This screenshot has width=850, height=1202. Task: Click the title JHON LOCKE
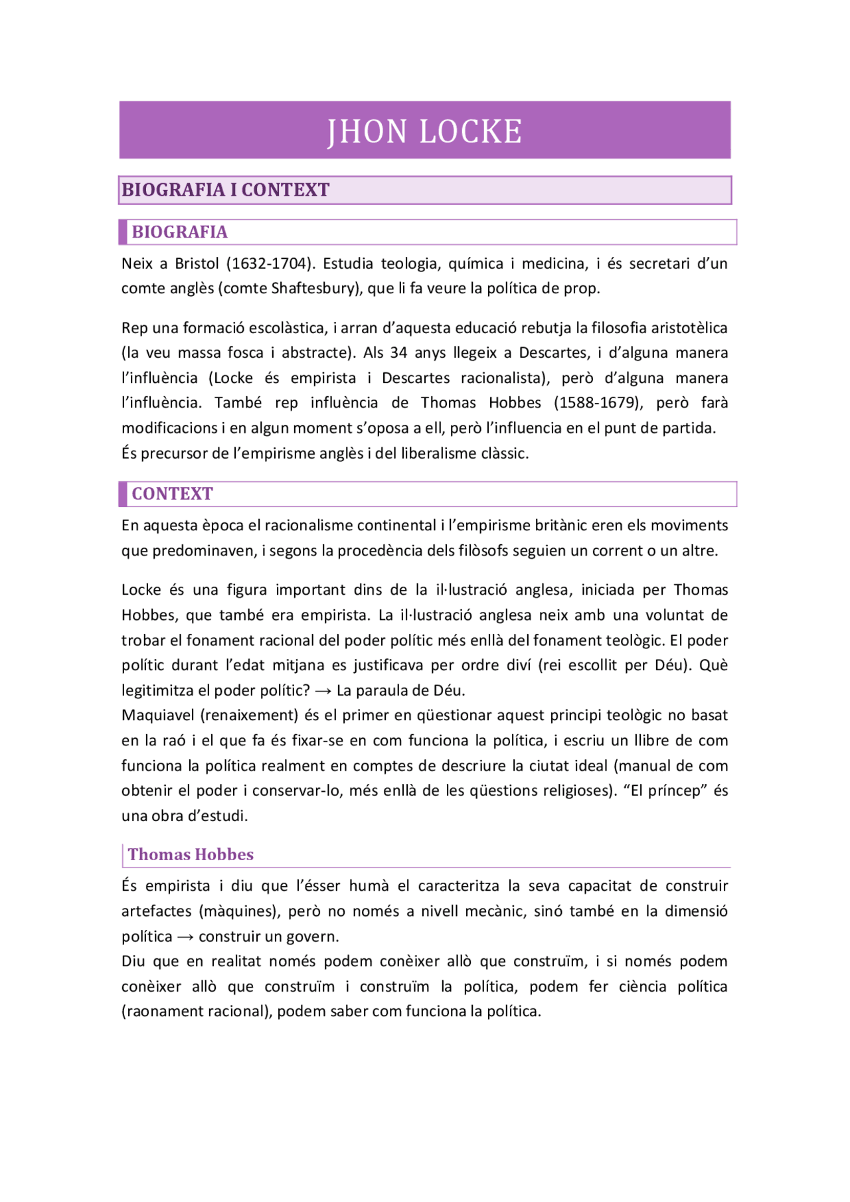tap(424, 131)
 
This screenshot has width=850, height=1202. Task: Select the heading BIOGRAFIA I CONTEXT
tap(225, 190)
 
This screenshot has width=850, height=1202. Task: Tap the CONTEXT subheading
tap(172, 494)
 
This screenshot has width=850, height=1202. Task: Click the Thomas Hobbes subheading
tap(191, 854)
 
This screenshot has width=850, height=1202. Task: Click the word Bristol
tap(197, 263)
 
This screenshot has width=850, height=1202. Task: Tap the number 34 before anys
tap(398, 352)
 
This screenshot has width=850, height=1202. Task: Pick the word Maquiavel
tap(158, 715)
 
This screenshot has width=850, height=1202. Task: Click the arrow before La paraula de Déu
tap(323, 691)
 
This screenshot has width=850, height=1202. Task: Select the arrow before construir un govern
tap(185, 937)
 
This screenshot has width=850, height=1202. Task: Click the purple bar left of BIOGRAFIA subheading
tap(123, 232)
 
